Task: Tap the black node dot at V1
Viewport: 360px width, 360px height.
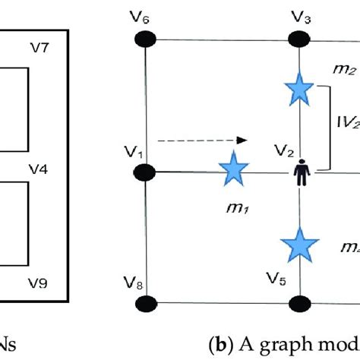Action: coord(145,172)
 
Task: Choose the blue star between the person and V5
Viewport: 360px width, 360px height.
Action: coord(298,245)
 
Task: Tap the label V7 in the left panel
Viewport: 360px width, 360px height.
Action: coord(42,48)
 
